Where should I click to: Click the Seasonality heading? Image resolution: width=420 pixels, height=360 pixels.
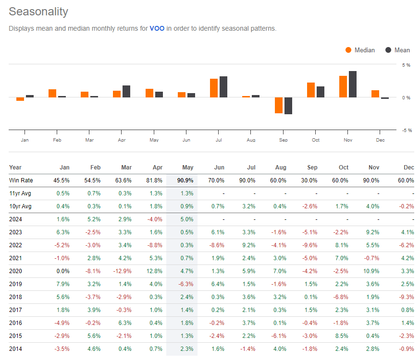tap(38, 12)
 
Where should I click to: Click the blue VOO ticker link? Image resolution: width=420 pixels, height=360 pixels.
tap(157, 28)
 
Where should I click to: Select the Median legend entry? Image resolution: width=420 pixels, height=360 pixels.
tap(360, 50)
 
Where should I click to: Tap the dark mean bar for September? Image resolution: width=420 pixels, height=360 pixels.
tap(288, 106)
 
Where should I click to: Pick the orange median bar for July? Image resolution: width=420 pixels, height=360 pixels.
tap(214, 88)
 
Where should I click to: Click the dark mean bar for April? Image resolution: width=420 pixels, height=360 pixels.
tap(126, 91)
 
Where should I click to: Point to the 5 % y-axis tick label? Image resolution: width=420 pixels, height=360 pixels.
tap(406, 65)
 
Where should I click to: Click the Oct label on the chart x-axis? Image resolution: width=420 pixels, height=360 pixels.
tap(315, 140)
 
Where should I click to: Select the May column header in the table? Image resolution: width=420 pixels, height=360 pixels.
tap(188, 168)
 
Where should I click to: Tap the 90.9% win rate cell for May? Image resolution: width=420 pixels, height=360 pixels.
tap(185, 180)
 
